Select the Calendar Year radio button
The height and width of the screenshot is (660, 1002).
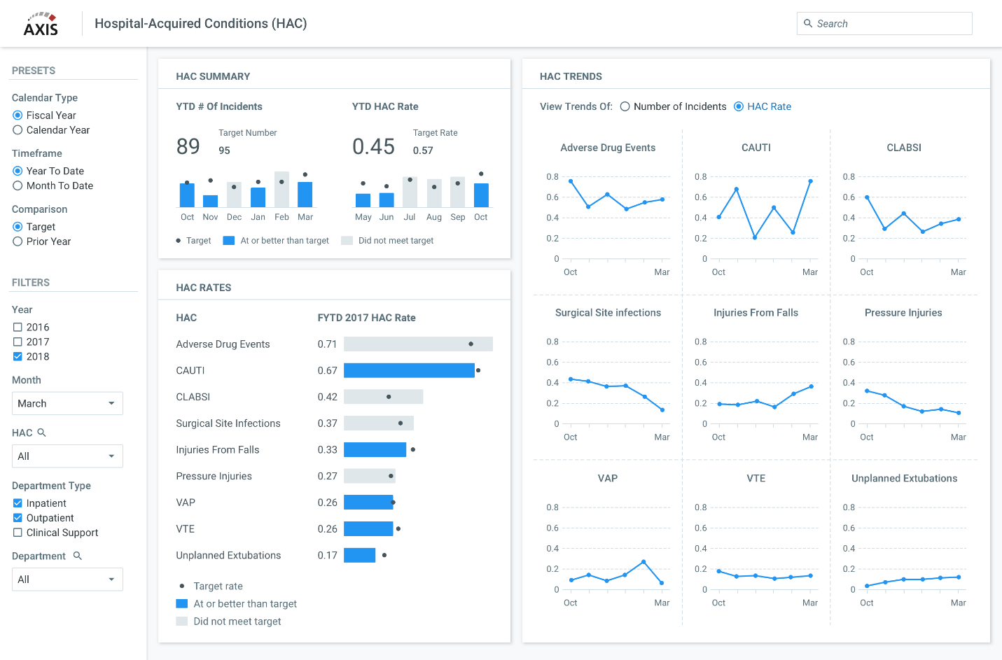[18, 130]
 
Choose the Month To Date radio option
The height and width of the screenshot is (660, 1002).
[18, 185]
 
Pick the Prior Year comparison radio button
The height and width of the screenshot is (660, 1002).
[18, 241]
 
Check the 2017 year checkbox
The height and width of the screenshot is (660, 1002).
[18, 342]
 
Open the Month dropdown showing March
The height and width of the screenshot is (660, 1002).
[67, 404]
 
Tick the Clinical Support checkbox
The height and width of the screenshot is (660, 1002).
[18, 533]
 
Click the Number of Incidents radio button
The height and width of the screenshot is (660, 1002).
[625, 106]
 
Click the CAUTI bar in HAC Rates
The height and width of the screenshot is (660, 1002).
[409, 370]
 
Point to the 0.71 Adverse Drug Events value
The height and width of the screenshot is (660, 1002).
[327, 344]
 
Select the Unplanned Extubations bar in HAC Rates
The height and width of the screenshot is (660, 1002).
[359, 555]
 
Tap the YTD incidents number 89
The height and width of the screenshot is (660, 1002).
[188, 146]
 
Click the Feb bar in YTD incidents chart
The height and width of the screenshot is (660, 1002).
[281, 190]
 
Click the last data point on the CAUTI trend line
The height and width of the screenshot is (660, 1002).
[811, 181]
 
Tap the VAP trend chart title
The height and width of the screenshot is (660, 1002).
[607, 479]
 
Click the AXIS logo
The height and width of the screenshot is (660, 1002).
[41, 24]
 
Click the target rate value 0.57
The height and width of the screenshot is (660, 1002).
[423, 150]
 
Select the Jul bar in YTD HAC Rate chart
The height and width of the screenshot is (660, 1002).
[410, 192]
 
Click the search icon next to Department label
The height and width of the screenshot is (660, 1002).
[78, 556]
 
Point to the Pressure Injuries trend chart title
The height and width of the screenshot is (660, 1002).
[903, 313]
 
